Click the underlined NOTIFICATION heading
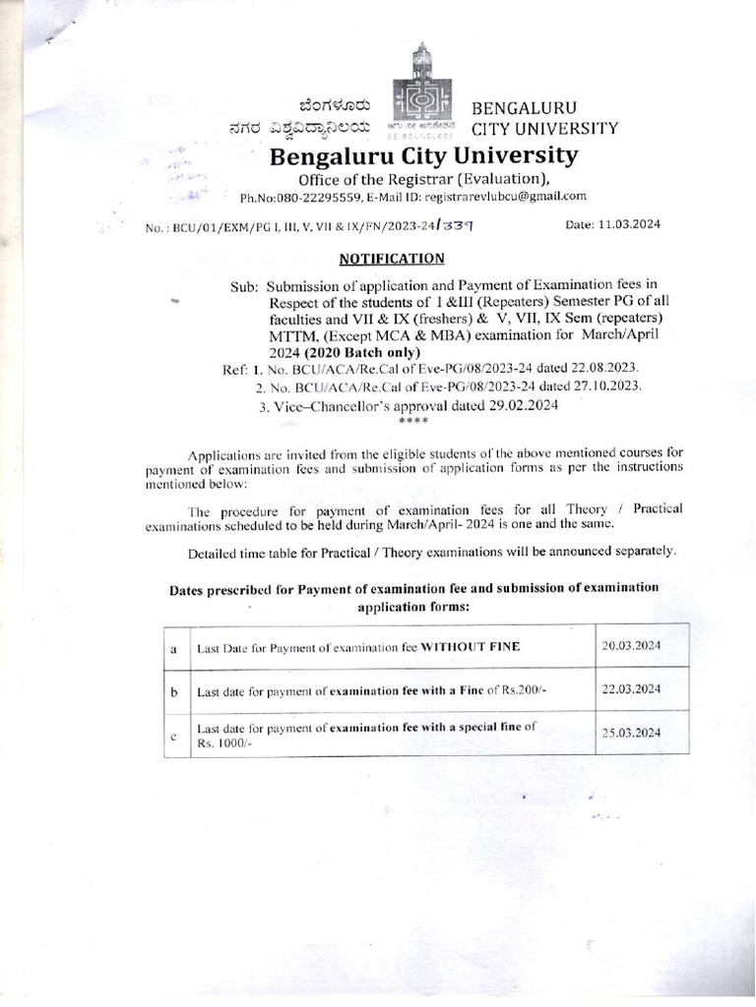click(392, 259)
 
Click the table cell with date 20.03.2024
click(631, 645)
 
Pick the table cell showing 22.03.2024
click(631, 689)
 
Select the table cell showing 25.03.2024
click(631, 734)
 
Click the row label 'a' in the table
click(172, 648)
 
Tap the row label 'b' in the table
click(172, 692)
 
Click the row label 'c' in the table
click(172, 737)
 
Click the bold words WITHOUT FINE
click(471, 647)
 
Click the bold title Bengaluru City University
click(411, 156)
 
